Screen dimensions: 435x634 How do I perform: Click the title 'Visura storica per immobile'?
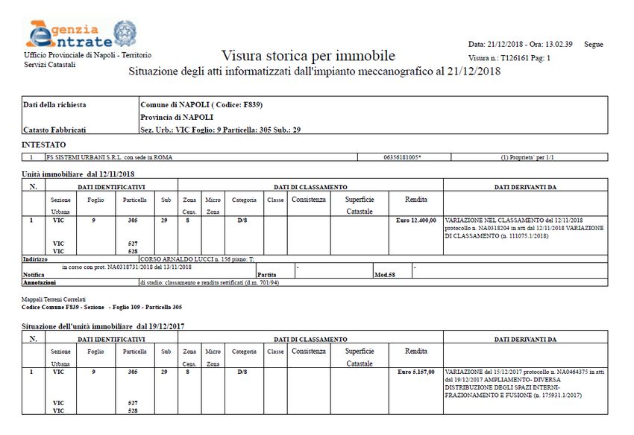308,56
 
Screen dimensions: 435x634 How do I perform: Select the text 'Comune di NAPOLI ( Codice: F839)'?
201,104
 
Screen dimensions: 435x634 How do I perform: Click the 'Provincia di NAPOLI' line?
177,117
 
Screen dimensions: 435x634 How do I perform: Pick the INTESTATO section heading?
44,145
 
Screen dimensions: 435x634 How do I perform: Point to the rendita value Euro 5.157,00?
416,371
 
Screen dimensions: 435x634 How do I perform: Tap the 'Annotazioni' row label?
40,283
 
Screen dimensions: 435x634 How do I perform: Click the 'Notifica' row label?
34,275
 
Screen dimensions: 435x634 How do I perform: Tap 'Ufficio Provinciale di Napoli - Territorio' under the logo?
88,56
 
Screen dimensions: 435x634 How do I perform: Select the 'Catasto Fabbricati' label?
54,130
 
